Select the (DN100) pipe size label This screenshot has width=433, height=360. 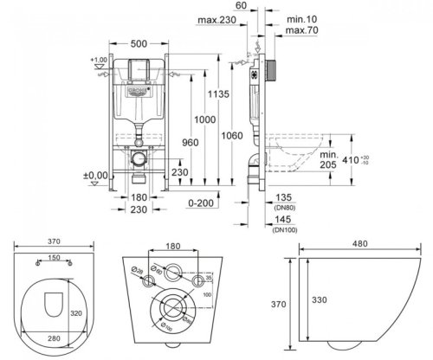point(285,230)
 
